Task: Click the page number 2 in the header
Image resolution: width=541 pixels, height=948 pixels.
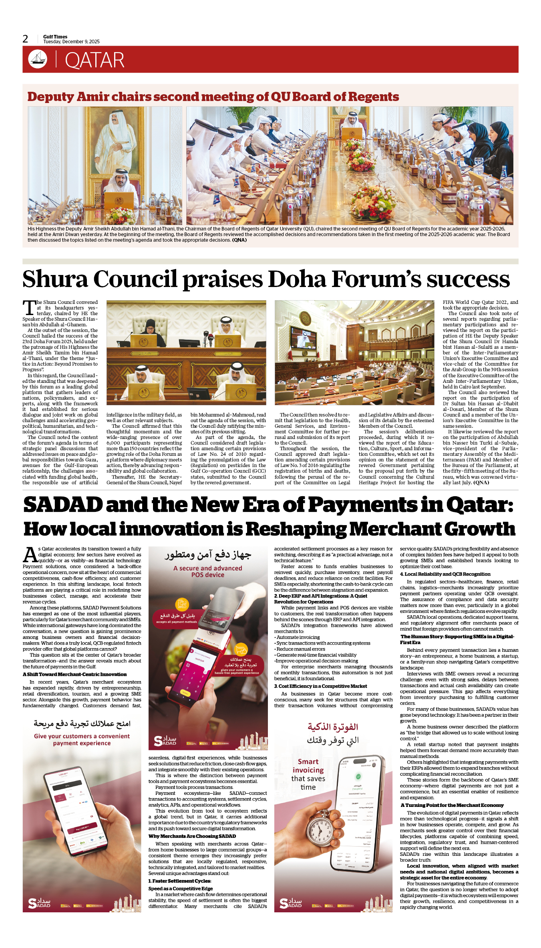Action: tap(25, 39)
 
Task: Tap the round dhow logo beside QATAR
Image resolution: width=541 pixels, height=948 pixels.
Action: tap(38, 59)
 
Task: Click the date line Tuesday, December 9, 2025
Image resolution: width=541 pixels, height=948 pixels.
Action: tap(71, 42)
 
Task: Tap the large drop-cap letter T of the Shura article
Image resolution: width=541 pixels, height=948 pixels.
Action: tap(29, 308)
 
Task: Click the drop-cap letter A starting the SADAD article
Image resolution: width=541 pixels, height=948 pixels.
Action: tap(30, 555)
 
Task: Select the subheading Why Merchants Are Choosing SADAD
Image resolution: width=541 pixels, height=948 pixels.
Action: tap(192, 836)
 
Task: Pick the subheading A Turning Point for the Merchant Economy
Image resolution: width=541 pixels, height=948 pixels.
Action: tap(452, 805)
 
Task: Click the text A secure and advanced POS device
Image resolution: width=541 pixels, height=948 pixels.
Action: tap(207, 572)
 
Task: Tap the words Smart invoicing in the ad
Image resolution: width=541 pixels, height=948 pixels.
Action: tap(308, 766)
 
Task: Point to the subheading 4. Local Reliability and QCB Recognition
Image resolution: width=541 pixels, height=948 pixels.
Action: tap(445, 574)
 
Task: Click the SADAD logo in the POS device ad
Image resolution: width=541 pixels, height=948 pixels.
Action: tap(165, 741)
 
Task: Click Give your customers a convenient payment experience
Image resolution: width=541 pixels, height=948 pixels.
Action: tap(82, 740)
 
